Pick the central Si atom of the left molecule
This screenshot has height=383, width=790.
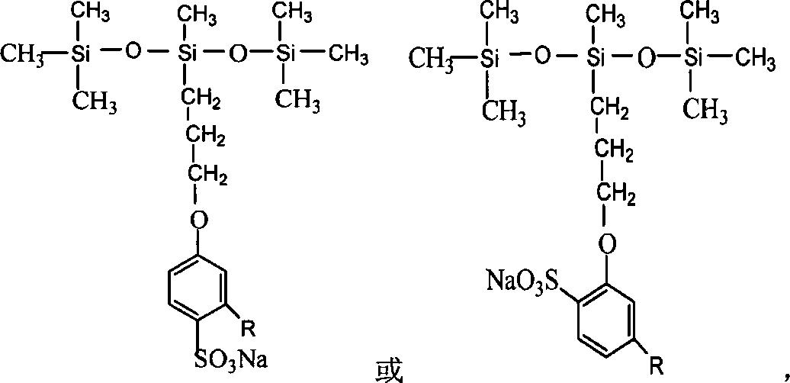(x=185, y=53)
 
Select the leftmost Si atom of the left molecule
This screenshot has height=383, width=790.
(x=78, y=53)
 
